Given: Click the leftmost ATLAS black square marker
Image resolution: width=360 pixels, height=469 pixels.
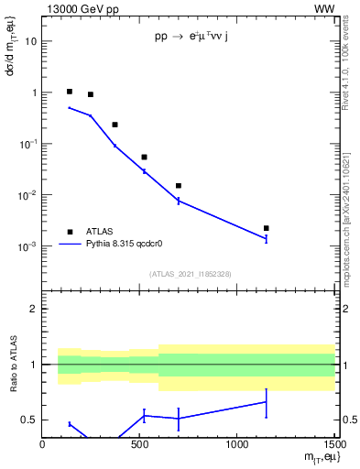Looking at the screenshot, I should (70, 92).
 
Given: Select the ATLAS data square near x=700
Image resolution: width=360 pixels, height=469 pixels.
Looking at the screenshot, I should (179, 186).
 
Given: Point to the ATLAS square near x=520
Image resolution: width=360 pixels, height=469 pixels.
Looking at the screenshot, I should (144, 158).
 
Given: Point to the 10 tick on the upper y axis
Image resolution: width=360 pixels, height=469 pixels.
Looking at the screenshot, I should (31, 41).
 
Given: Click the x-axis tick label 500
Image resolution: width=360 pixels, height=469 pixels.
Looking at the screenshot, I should (139, 446).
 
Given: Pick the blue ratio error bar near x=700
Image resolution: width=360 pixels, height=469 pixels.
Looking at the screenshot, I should (179, 418).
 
